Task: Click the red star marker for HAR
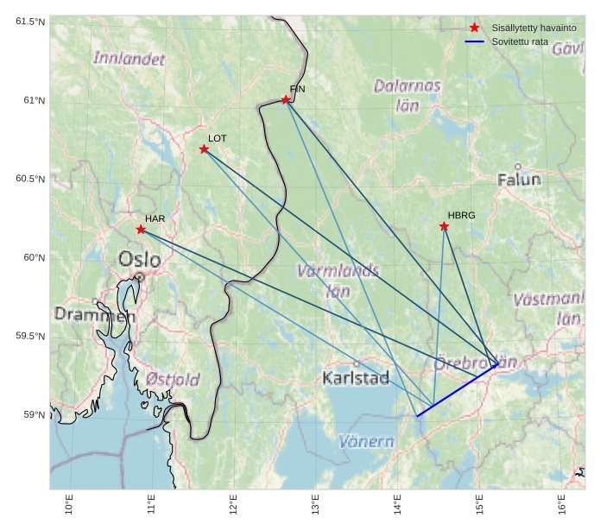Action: click(x=141, y=230)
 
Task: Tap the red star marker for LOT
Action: click(x=204, y=149)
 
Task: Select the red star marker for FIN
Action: click(x=286, y=100)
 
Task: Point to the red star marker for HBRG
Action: click(x=444, y=226)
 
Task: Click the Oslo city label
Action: click(x=139, y=259)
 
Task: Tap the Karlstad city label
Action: click(x=356, y=378)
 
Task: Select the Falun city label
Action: click(x=519, y=180)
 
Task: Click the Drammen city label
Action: click(x=95, y=315)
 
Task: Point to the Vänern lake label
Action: click(x=366, y=442)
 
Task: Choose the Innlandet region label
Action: click(x=129, y=59)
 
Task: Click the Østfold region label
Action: click(x=173, y=380)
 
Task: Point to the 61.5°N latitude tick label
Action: click(x=30, y=22)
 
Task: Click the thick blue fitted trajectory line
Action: click(x=457, y=391)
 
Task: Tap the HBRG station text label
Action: click(x=461, y=215)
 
